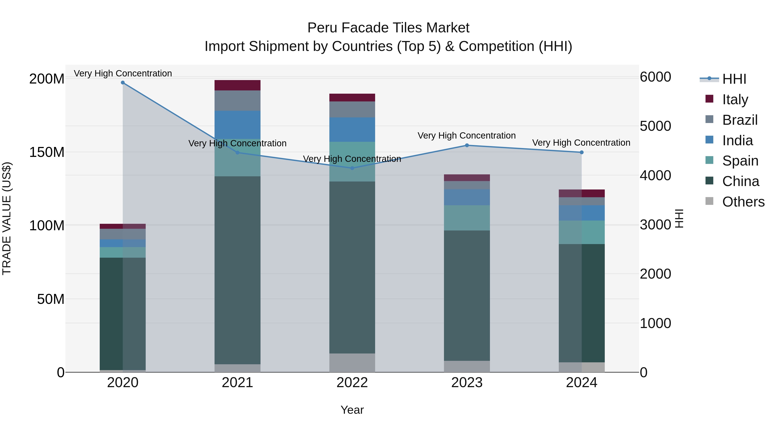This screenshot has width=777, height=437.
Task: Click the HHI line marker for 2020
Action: coord(123,83)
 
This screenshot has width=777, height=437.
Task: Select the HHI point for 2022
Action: coord(352,168)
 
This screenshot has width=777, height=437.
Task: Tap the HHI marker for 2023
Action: coord(467,145)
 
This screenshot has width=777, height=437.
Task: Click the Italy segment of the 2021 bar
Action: coord(237,85)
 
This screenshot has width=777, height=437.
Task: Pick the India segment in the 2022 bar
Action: coord(352,130)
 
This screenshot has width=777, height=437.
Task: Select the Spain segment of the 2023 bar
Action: coord(467,218)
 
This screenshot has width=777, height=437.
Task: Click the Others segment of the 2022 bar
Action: coord(352,363)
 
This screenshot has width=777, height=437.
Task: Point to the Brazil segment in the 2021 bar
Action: coord(237,101)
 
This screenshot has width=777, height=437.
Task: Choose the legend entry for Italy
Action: coord(735,99)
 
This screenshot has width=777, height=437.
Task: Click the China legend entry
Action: coord(741,181)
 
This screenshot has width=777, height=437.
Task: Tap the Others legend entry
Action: coord(743,202)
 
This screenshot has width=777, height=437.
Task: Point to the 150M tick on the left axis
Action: coord(47,152)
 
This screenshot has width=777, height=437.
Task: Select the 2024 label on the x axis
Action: coord(581,383)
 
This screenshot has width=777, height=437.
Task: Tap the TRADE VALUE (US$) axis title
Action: coord(7,218)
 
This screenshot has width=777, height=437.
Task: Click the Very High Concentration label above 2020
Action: coord(123,73)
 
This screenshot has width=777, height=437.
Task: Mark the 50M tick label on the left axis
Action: coord(51,299)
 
